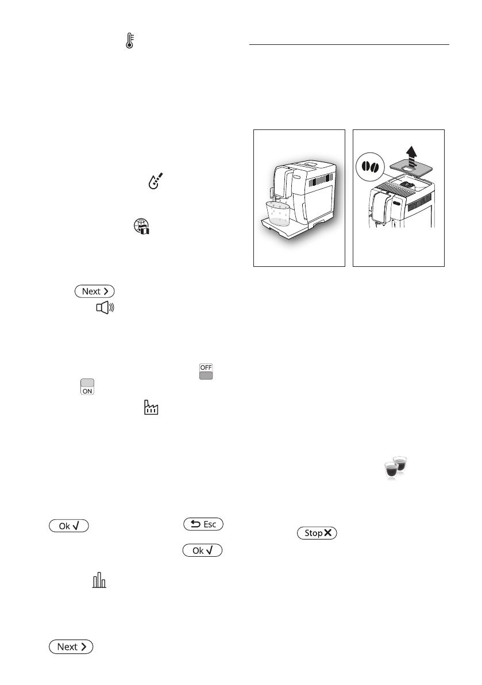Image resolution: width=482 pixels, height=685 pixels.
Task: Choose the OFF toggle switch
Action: [x=206, y=372]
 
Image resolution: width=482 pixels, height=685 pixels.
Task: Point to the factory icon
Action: [x=150, y=408]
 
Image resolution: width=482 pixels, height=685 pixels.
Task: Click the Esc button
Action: [x=203, y=524]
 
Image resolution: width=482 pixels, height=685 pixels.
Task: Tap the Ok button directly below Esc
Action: [x=203, y=550]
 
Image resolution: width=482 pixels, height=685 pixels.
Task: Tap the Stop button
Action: [x=317, y=533]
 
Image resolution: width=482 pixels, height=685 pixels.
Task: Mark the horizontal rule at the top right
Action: [x=349, y=44]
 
